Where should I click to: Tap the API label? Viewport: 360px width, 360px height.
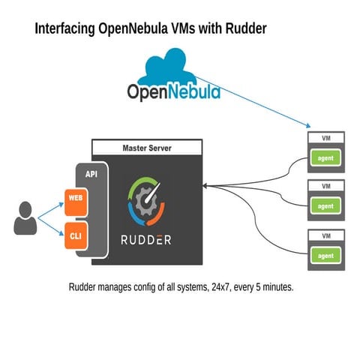click(91, 174)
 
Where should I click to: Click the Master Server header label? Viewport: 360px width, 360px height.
click(146, 148)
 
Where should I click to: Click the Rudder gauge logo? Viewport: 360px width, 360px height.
click(146, 201)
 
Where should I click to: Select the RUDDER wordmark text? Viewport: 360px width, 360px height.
click(146, 240)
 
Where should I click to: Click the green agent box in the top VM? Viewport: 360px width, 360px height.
click(325, 158)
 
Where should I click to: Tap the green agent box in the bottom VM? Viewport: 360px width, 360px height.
click(325, 255)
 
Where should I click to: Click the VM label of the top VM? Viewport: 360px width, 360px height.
click(325, 138)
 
